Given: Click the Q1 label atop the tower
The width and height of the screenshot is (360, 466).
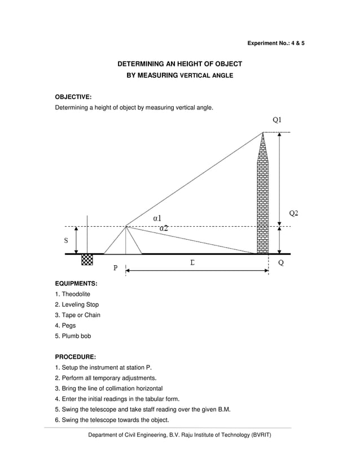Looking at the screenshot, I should click(277, 120).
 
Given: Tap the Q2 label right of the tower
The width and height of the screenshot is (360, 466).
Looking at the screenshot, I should click(294, 213).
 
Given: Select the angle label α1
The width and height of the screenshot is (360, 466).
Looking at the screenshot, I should click(157, 218).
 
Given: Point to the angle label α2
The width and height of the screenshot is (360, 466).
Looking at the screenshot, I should click(163, 228).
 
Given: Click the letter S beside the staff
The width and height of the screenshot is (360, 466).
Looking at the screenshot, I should click(66, 240).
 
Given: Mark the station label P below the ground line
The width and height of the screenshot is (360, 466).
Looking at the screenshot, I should click(115, 268).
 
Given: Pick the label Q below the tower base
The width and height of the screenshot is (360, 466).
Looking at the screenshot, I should click(280, 263).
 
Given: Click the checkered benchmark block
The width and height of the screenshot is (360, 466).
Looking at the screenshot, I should click(87, 260).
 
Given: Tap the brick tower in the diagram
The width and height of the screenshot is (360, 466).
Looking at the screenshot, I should click(263, 197).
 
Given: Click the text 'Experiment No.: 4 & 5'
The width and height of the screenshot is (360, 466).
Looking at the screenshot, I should click(276, 43).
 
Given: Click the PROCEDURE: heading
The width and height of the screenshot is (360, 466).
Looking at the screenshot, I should click(75, 357).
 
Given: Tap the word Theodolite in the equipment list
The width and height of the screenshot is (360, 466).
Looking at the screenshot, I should click(76, 294).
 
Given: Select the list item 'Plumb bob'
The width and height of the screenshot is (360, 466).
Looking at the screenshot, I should click(76, 336).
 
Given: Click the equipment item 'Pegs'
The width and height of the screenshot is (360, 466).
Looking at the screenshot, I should click(68, 326).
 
